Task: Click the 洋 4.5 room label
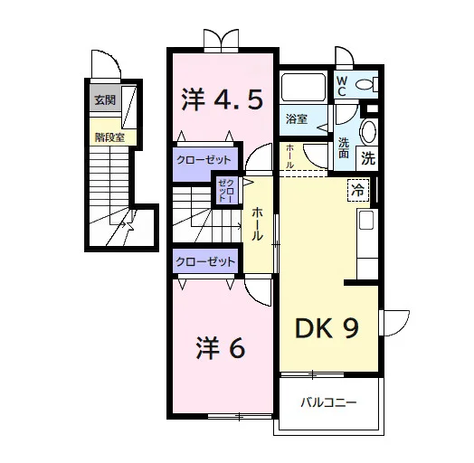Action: pyautogui.click(x=223, y=99)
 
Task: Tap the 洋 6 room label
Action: pyautogui.click(x=221, y=347)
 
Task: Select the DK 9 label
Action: pyautogui.click(x=327, y=328)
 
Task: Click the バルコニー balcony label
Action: pyautogui.click(x=328, y=402)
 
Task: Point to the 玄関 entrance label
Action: pyautogui.click(x=105, y=100)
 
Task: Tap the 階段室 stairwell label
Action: pyautogui.click(x=109, y=137)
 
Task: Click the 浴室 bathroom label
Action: pyautogui.click(x=297, y=119)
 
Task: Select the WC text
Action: pyautogui.click(x=342, y=86)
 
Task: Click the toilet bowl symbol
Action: pyautogui.click(x=367, y=84)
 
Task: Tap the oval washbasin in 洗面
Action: pyautogui.click(x=368, y=132)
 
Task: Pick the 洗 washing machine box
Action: pyautogui.click(x=368, y=157)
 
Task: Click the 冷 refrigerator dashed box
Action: pyautogui.click(x=358, y=191)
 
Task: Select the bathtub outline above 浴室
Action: pyautogui.click(x=304, y=86)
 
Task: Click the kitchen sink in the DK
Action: pyautogui.click(x=365, y=220)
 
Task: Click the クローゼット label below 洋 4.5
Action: pyautogui.click(x=204, y=160)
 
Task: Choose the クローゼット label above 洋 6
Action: pyautogui.click(x=205, y=261)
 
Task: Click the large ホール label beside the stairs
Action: pyautogui.click(x=257, y=223)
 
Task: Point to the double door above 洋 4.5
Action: pyautogui.click(x=222, y=40)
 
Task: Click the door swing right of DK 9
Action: pyautogui.click(x=394, y=323)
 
